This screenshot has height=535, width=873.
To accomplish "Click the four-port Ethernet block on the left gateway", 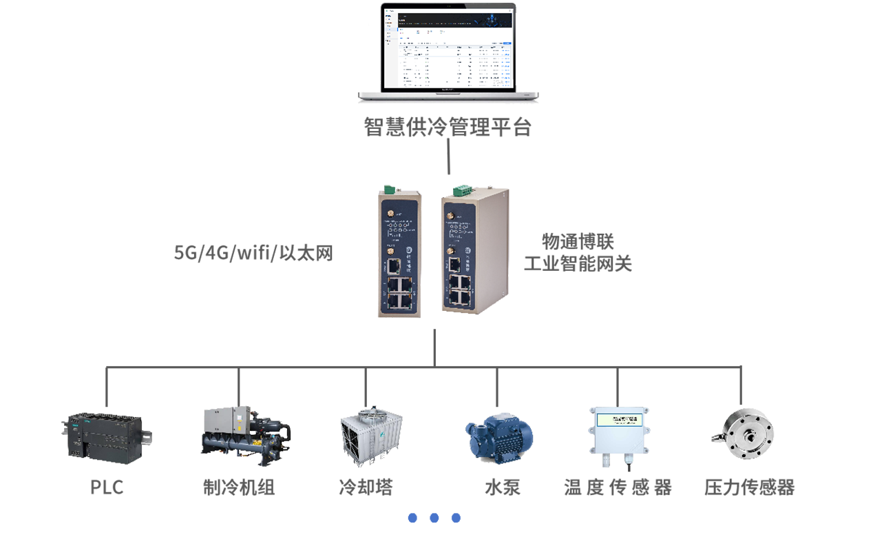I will tap(397, 294).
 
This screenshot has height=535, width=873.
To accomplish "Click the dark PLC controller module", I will tap(103, 434).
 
